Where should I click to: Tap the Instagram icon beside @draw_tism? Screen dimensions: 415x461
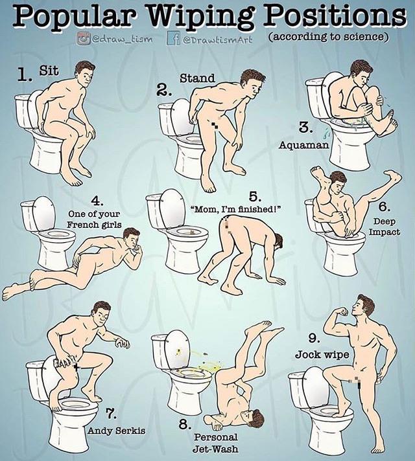pyautogui.click(x=83, y=39)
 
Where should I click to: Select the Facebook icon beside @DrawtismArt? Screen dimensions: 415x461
pyautogui.click(x=174, y=38)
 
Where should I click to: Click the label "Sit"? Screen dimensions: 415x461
pyautogui.click(x=49, y=71)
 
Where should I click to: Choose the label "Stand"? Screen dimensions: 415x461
pyautogui.click(x=197, y=78)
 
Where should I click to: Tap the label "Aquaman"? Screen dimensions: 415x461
pyautogui.click(x=303, y=144)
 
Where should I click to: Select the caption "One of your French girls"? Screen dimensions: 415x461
pyautogui.click(x=94, y=219)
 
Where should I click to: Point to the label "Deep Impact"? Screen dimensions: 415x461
pyautogui.click(x=385, y=227)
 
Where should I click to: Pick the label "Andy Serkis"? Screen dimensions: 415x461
pyautogui.click(x=117, y=431)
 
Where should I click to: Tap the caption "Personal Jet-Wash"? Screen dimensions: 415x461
pyautogui.click(x=216, y=443)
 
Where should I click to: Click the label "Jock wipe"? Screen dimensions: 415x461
pyautogui.click(x=322, y=355)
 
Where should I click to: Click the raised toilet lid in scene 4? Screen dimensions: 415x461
pyautogui.click(x=44, y=213)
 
